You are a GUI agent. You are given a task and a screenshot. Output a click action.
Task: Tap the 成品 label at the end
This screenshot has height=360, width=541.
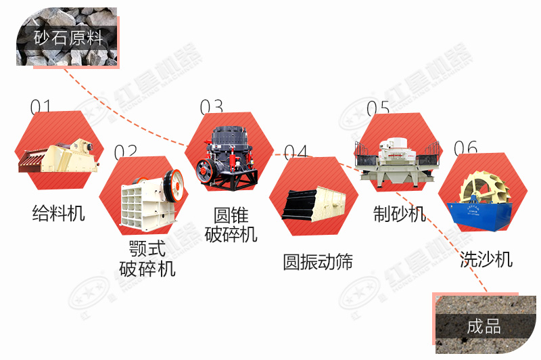[483, 326]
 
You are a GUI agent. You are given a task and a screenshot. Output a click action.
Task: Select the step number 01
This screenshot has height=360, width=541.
[41, 107]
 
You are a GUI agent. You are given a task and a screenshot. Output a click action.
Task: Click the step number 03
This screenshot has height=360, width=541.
[211, 107]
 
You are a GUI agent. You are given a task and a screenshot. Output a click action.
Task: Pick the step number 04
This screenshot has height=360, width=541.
[296, 153]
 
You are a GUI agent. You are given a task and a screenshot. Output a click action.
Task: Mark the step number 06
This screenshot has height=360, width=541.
[465, 148]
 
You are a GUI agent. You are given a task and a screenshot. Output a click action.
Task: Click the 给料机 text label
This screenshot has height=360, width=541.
[59, 213]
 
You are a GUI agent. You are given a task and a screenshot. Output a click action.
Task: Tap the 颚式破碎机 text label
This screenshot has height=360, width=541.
[147, 258]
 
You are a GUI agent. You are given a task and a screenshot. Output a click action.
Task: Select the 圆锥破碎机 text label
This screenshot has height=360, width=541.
[231, 225]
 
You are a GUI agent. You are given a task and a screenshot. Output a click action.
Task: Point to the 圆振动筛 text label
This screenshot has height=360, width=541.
[318, 262]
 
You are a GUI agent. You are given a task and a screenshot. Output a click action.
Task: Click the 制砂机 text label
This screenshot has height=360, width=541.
[400, 214]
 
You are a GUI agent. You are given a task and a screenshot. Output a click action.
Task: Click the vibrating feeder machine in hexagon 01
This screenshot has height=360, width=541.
[57, 156]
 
